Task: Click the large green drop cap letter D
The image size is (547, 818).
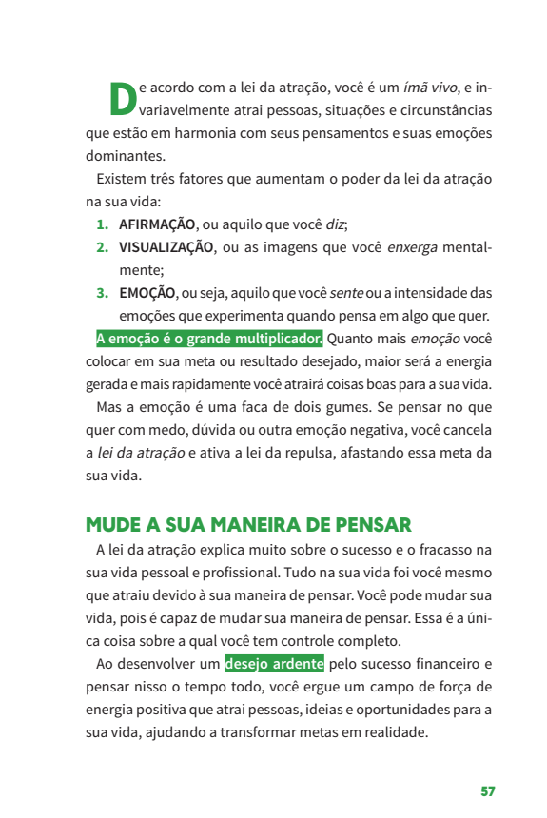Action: (x=123, y=98)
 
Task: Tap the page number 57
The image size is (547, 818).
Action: (x=487, y=791)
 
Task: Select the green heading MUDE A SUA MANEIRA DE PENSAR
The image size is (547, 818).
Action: (x=248, y=525)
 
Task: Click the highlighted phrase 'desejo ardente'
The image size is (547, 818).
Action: (x=275, y=663)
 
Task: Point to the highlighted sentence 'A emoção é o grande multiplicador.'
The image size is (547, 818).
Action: (x=209, y=339)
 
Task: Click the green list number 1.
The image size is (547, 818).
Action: (x=102, y=225)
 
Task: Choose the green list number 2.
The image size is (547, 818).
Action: (x=102, y=248)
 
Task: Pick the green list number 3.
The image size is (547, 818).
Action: (x=102, y=293)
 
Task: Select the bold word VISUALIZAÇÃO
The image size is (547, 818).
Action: (x=166, y=248)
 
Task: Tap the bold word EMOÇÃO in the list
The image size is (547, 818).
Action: (x=147, y=293)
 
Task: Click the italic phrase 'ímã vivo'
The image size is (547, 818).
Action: (x=431, y=88)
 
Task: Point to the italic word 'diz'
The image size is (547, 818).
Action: (x=335, y=225)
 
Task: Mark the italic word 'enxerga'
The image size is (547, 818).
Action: (x=412, y=248)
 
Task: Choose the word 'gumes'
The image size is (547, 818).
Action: (x=299, y=407)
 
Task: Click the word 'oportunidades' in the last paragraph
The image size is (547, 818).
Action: (x=395, y=710)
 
